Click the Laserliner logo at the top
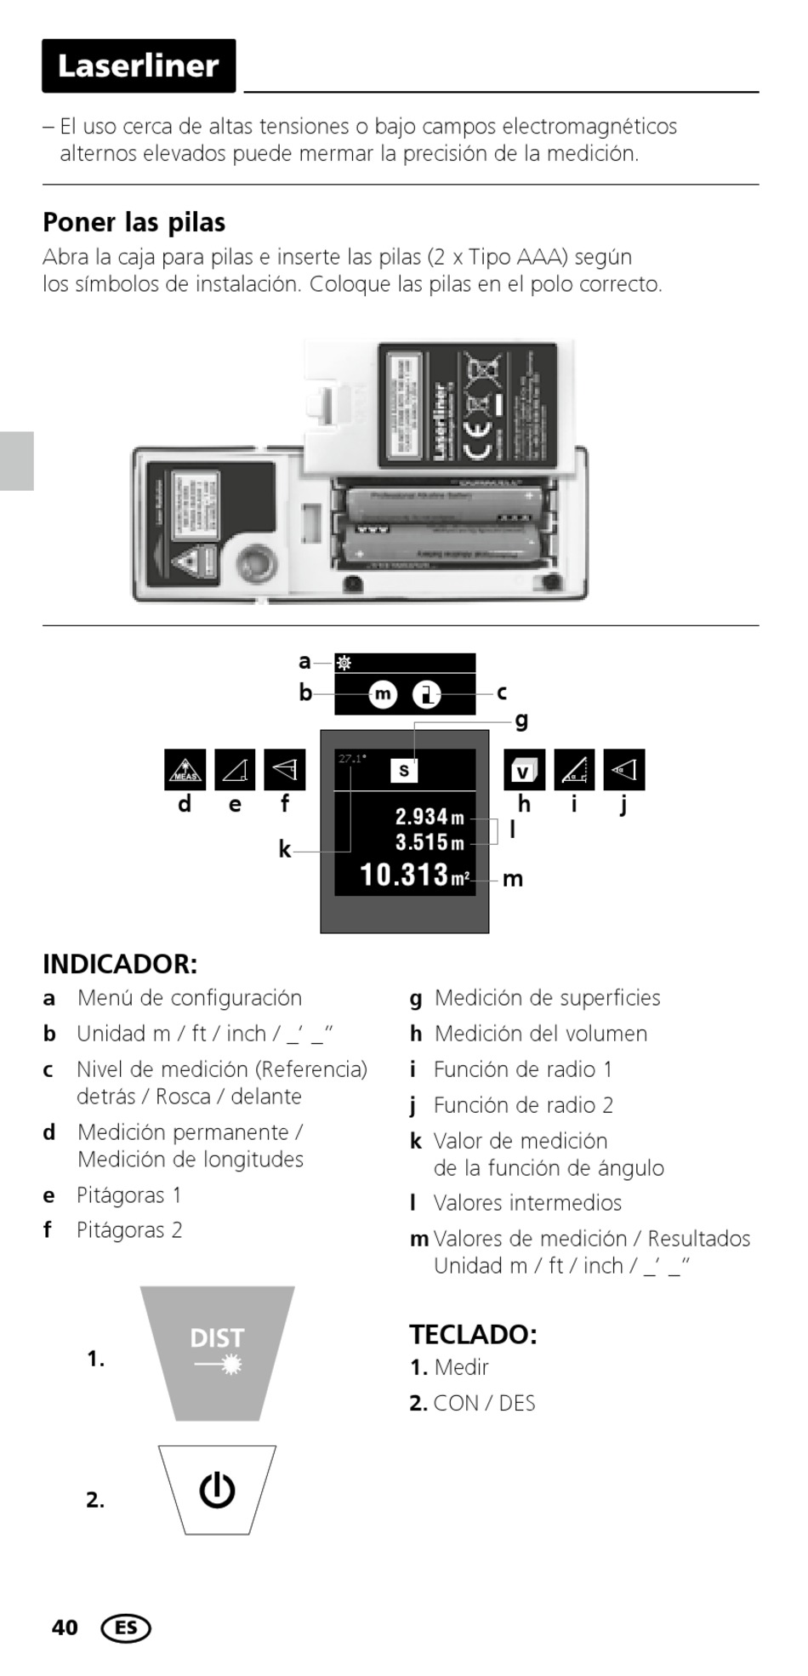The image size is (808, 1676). click(x=139, y=66)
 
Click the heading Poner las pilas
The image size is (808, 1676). click(x=134, y=222)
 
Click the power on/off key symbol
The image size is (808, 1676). click(x=217, y=1491)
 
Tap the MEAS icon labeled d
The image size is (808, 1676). click(x=185, y=769)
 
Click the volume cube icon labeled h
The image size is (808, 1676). click(x=523, y=770)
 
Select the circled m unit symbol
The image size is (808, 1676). click(x=383, y=694)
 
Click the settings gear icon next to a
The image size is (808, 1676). click(x=344, y=663)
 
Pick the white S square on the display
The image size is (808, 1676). click(x=403, y=770)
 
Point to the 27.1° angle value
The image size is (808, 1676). click(x=351, y=758)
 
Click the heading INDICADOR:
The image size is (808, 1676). click(x=120, y=964)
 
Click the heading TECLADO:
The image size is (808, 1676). click(x=473, y=1334)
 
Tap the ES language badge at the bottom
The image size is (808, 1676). click(x=126, y=1628)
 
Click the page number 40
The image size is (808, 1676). click(x=65, y=1628)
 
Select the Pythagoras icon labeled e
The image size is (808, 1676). click(x=235, y=769)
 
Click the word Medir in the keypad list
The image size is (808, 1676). click(x=461, y=1367)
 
